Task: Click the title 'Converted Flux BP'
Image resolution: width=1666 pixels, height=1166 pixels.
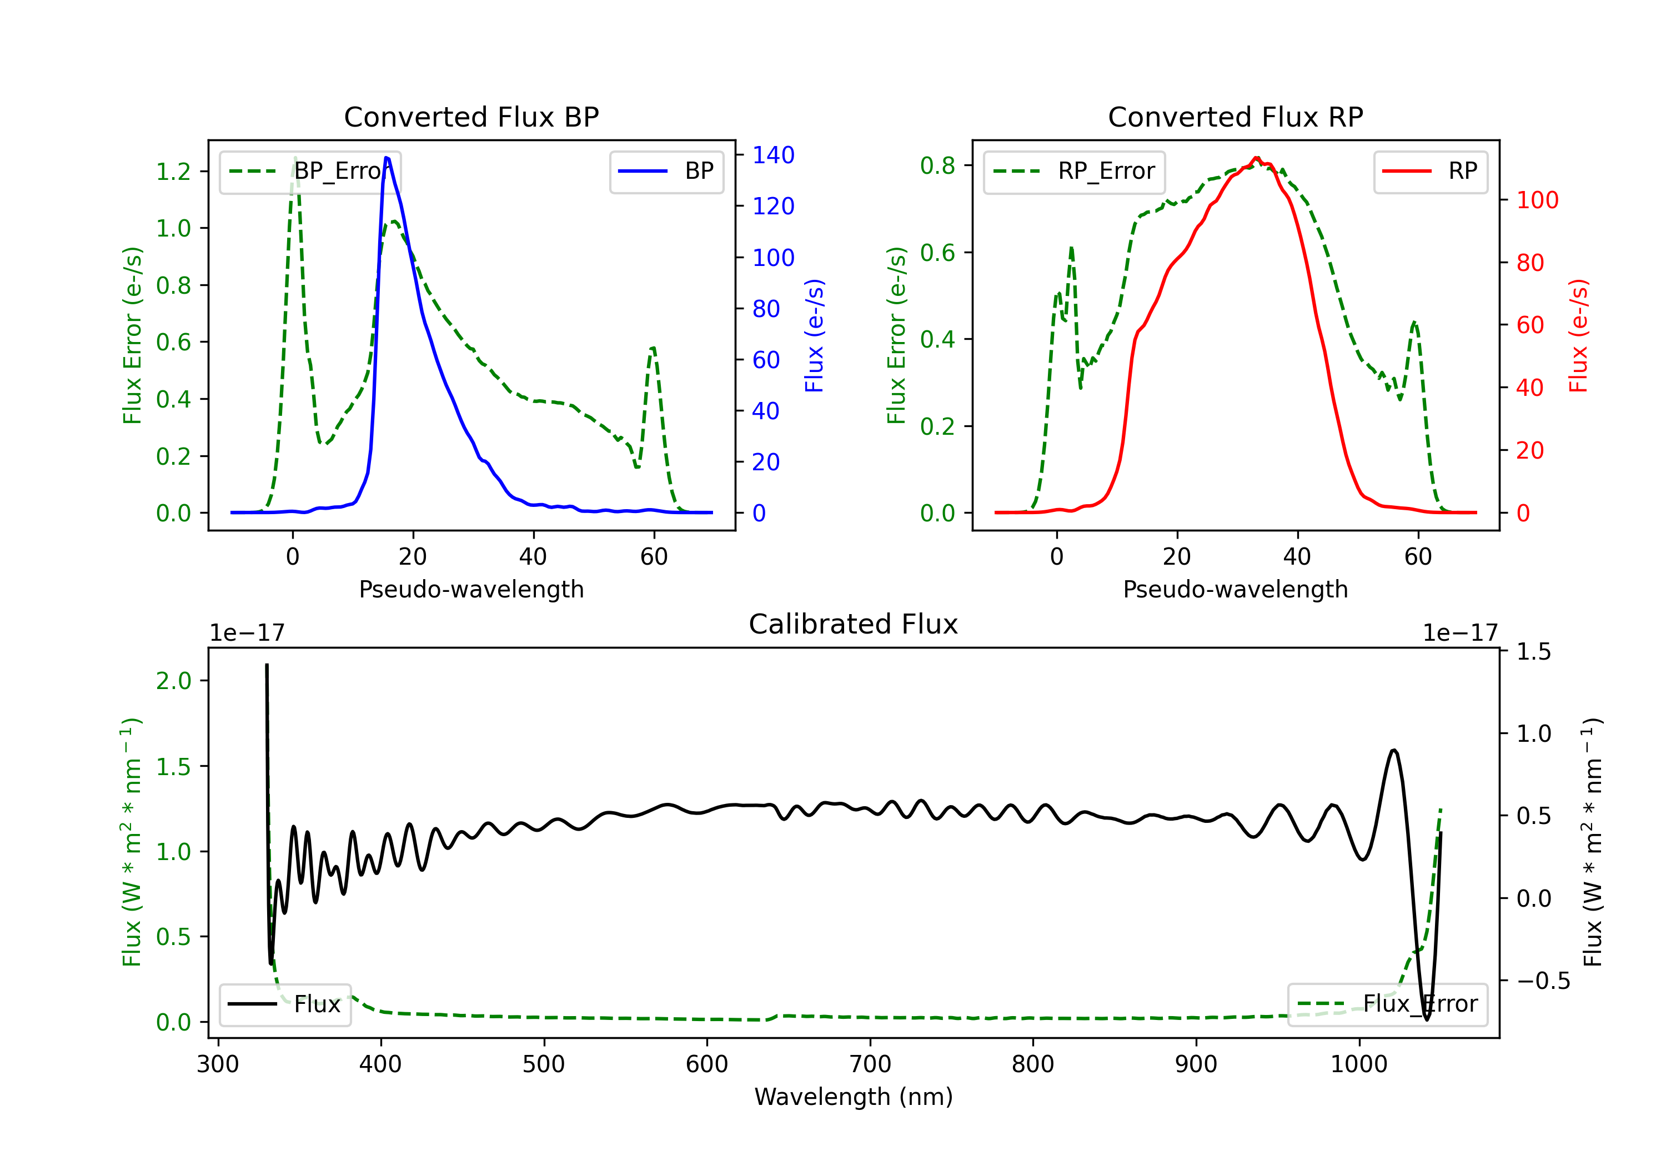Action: coord(471,117)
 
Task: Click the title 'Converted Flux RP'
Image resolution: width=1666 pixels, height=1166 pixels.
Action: coord(1236,117)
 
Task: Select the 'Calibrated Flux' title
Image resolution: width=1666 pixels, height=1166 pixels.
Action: coord(854,624)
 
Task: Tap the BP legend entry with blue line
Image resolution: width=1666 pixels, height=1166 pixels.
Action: coord(666,171)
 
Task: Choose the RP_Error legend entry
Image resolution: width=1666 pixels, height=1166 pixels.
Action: coord(1074,171)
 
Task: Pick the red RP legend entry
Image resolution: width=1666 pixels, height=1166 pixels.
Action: coord(1430,171)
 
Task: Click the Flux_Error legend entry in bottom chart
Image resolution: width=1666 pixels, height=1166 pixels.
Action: coord(1387,1004)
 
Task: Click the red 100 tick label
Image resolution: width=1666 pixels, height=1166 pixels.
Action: coord(1538,200)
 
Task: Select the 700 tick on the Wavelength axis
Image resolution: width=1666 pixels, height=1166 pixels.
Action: coord(870,1064)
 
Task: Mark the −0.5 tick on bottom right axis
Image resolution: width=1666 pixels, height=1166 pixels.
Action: coord(1543,981)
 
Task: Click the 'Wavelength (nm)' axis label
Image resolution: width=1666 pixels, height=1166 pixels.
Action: coord(854,1097)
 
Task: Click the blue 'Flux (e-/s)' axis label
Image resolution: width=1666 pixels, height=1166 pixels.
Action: coord(814,336)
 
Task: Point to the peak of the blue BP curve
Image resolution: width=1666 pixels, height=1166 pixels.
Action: coord(387,158)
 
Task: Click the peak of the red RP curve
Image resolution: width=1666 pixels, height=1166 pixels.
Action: coord(1256,158)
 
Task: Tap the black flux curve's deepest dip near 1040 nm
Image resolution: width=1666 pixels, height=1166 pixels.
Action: coord(1427,1019)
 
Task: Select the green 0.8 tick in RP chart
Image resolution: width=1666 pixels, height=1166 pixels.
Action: coord(937,165)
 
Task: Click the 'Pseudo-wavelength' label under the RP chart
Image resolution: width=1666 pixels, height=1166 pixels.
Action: coord(1236,589)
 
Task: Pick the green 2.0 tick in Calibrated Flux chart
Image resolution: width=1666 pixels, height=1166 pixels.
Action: coord(173,681)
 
